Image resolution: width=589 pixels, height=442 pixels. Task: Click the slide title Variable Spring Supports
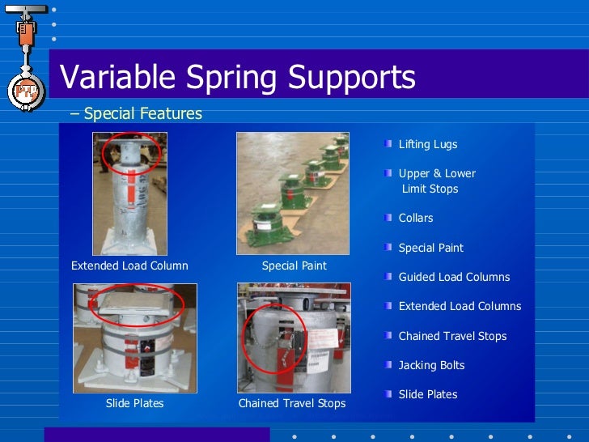pos(238,79)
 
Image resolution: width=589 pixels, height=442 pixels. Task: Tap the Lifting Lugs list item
pos(427,144)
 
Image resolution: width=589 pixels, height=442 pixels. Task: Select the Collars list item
pos(415,218)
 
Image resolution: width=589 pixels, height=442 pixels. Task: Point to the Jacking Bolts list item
pos(431,365)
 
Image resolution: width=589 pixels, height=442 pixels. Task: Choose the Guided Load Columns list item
pos(454,277)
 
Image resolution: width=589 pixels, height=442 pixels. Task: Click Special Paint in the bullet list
pos(430,248)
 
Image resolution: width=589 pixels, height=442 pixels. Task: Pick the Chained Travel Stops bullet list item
pos(452,336)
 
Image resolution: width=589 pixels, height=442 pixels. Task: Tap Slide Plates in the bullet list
pos(427,394)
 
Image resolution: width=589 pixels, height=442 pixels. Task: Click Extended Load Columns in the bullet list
pos(460,306)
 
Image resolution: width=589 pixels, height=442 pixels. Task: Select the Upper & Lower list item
pos(437,173)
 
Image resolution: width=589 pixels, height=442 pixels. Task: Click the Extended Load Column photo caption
pos(129,266)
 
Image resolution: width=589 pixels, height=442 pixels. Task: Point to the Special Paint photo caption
pos(294,266)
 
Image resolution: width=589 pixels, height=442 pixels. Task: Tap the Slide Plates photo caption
pos(134,403)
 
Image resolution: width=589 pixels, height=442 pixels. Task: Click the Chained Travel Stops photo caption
pos(292,403)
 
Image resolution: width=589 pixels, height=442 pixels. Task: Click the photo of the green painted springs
pos(292,193)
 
